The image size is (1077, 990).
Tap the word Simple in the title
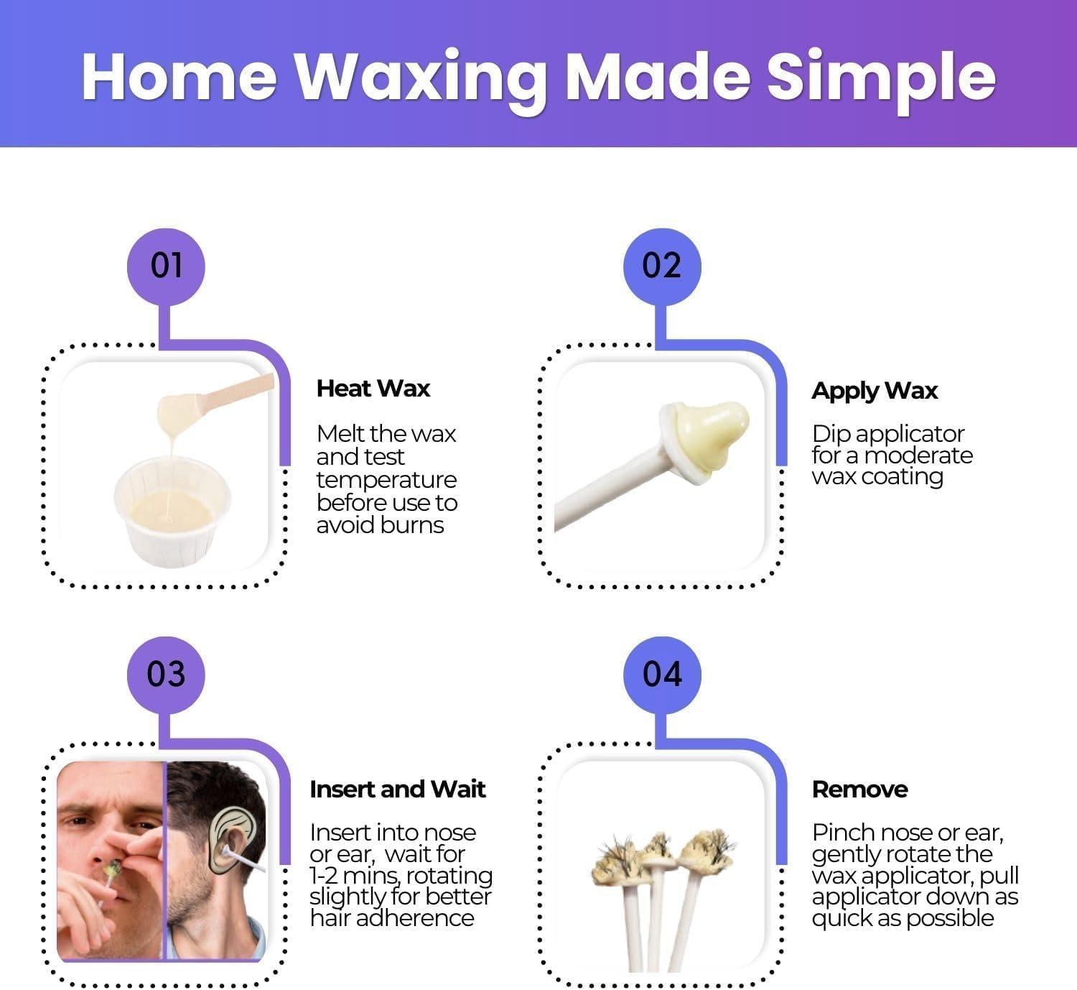coord(881,76)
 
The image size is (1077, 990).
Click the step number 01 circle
coord(166,267)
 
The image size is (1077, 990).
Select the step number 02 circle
coord(661,267)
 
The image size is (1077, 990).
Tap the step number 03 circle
coord(166,675)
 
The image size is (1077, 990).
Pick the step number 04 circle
coord(661,675)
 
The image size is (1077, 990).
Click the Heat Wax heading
coord(373,389)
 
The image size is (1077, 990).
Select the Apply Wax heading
coord(874,391)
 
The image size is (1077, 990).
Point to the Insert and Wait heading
coord(397,789)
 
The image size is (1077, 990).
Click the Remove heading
coord(859,789)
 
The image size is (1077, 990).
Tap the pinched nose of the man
coord(118,851)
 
